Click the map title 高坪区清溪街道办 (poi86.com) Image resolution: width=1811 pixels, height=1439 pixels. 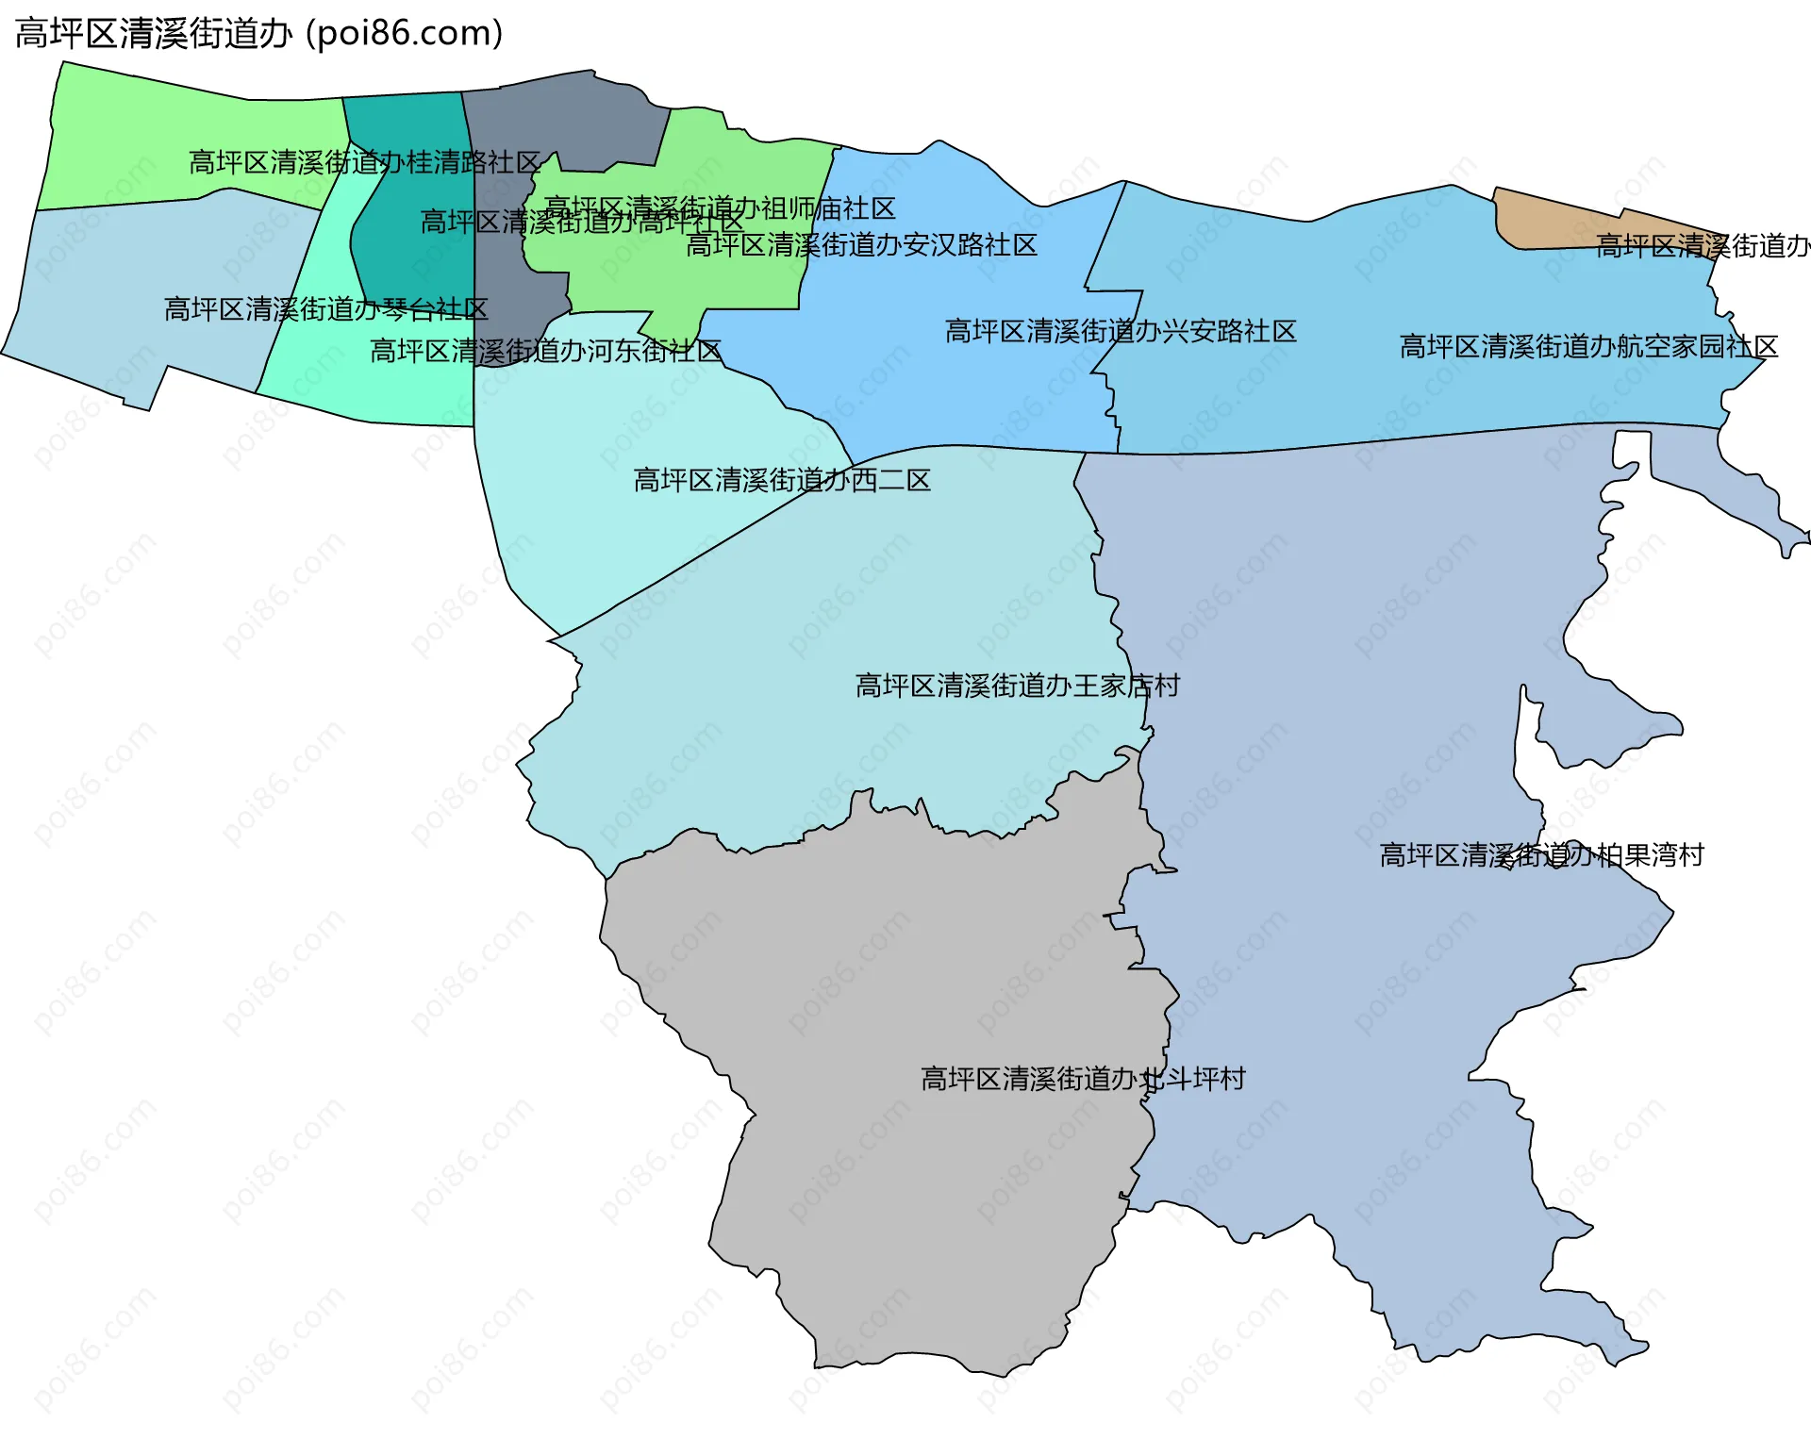259,34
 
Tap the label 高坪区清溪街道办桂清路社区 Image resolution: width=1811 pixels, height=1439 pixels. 365,162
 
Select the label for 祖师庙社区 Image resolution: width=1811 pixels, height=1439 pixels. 720,208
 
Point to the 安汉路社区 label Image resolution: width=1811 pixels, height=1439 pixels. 861,245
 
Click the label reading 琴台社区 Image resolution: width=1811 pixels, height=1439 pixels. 325,309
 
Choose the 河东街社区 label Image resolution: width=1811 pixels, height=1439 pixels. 545,351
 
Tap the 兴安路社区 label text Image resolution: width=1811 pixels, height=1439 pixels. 1121,331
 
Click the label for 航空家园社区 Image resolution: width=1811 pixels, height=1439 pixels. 1588,346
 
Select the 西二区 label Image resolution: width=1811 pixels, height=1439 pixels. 782,480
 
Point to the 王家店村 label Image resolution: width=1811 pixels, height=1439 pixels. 1017,686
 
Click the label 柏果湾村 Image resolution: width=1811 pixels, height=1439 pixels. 1541,855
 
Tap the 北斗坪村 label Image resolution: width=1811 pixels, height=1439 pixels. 1083,1078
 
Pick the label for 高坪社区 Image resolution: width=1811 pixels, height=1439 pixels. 581,223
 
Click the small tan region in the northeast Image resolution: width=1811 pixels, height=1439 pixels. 1547,219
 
